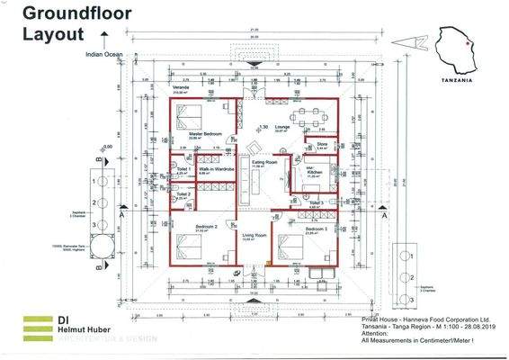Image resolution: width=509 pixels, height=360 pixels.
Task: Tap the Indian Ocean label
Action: tap(104, 54)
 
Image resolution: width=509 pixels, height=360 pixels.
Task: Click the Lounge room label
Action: tap(282, 128)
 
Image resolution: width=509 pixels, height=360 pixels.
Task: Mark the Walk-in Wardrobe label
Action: tap(217, 168)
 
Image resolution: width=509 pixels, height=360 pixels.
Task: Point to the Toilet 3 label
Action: tap(317, 203)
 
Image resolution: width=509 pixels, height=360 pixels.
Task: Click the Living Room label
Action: tap(254, 236)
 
